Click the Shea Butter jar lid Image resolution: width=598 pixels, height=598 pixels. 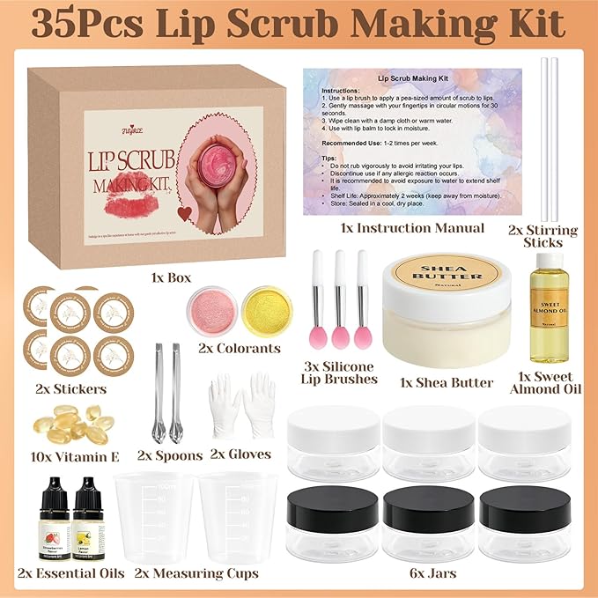[448, 274]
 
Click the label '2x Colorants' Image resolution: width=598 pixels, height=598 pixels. [239, 348]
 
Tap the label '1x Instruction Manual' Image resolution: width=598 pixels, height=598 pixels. [412, 227]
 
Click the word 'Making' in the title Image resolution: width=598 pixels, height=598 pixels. [446, 26]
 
